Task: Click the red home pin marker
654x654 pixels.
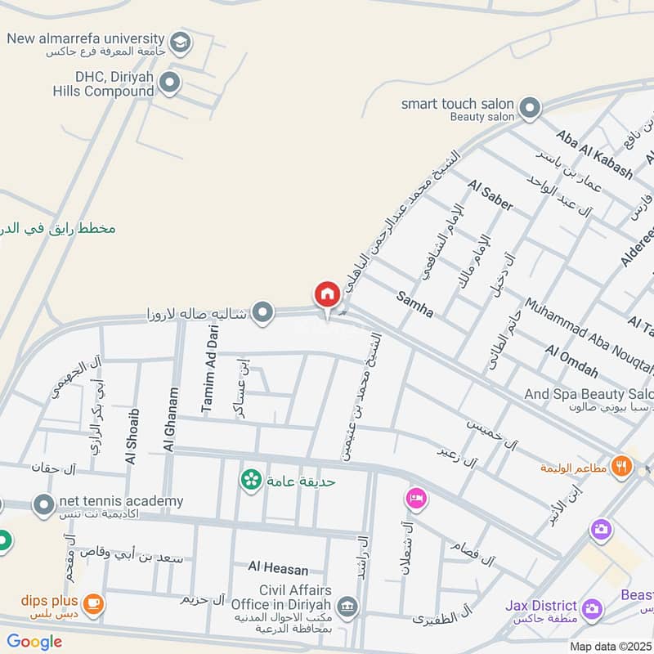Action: coord(327,293)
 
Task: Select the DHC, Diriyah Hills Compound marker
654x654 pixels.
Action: coord(169,81)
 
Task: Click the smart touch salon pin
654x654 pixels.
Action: coord(531,106)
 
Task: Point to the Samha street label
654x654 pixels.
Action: coord(415,304)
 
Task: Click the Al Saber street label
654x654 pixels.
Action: coord(490,197)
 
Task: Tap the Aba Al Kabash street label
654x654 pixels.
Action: coord(594,154)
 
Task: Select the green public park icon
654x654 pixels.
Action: coord(251,479)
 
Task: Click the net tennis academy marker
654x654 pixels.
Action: coord(43,505)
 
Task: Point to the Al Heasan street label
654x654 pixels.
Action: coord(280,567)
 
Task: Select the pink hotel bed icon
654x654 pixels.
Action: coord(416,498)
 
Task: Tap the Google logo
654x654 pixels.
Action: coord(34,642)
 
